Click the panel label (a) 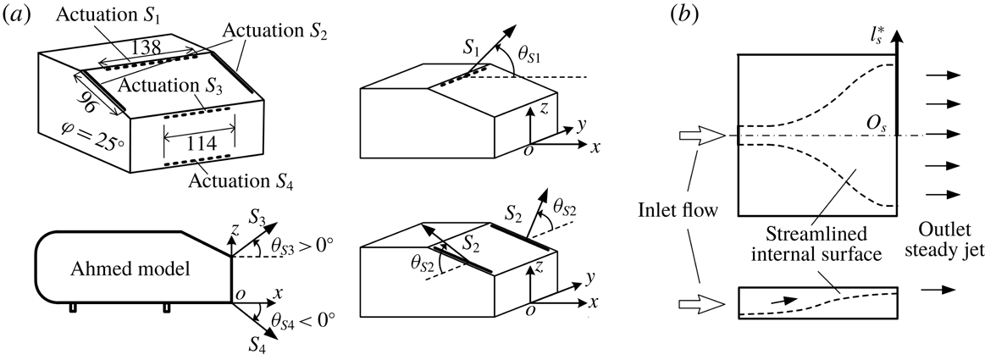[x=19, y=15]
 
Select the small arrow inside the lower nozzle [x=783, y=299]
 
